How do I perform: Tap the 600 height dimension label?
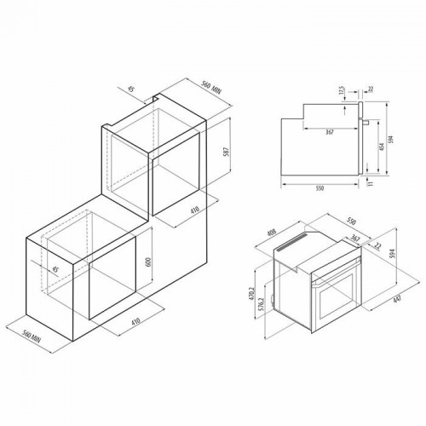pos(148,262)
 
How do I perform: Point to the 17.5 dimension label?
pos(340,89)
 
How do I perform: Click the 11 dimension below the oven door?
pos(371,181)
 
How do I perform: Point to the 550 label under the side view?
pos(320,189)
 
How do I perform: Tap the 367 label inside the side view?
pos(328,131)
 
